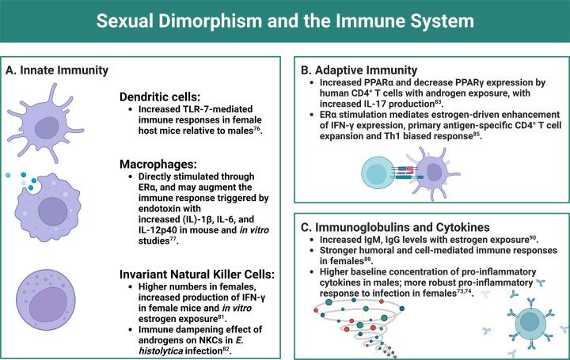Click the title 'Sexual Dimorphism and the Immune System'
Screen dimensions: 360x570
coord(285,21)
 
